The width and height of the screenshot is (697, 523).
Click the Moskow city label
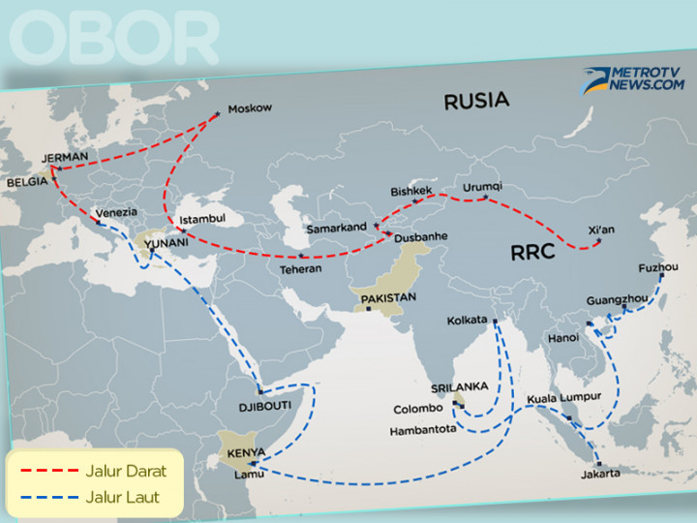pyautogui.click(x=249, y=108)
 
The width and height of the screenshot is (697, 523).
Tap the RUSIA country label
pyautogui.click(x=476, y=100)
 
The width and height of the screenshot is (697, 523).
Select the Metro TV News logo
pyautogui.click(x=632, y=79)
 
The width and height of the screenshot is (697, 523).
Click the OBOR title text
pyautogui.click(x=113, y=39)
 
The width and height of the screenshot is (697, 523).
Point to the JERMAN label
pyautogui.click(x=65, y=156)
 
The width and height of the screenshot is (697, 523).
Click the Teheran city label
pyautogui.click(x=300, y=268)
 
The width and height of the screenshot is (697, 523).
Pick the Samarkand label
pyautogui.click(x=336, y=228)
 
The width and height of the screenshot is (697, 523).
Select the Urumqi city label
pyautogui.click(x=483, y=187)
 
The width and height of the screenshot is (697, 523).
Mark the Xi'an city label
pyautogui.click(x=601, y=230)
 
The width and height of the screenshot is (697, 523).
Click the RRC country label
pyautogui.click(x=534, y=255)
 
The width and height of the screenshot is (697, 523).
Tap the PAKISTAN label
pyautogui.click(x=388, y=297)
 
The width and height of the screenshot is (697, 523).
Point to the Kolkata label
pyautogui.click(x=468, y=320)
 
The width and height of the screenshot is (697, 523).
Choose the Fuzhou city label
pyautogui.click(x=658, y=267)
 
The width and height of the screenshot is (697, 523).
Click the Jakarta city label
pyautogui.click(x=602, y=476)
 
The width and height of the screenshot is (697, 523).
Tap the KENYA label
pyautogui.click(x=247, y=453)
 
